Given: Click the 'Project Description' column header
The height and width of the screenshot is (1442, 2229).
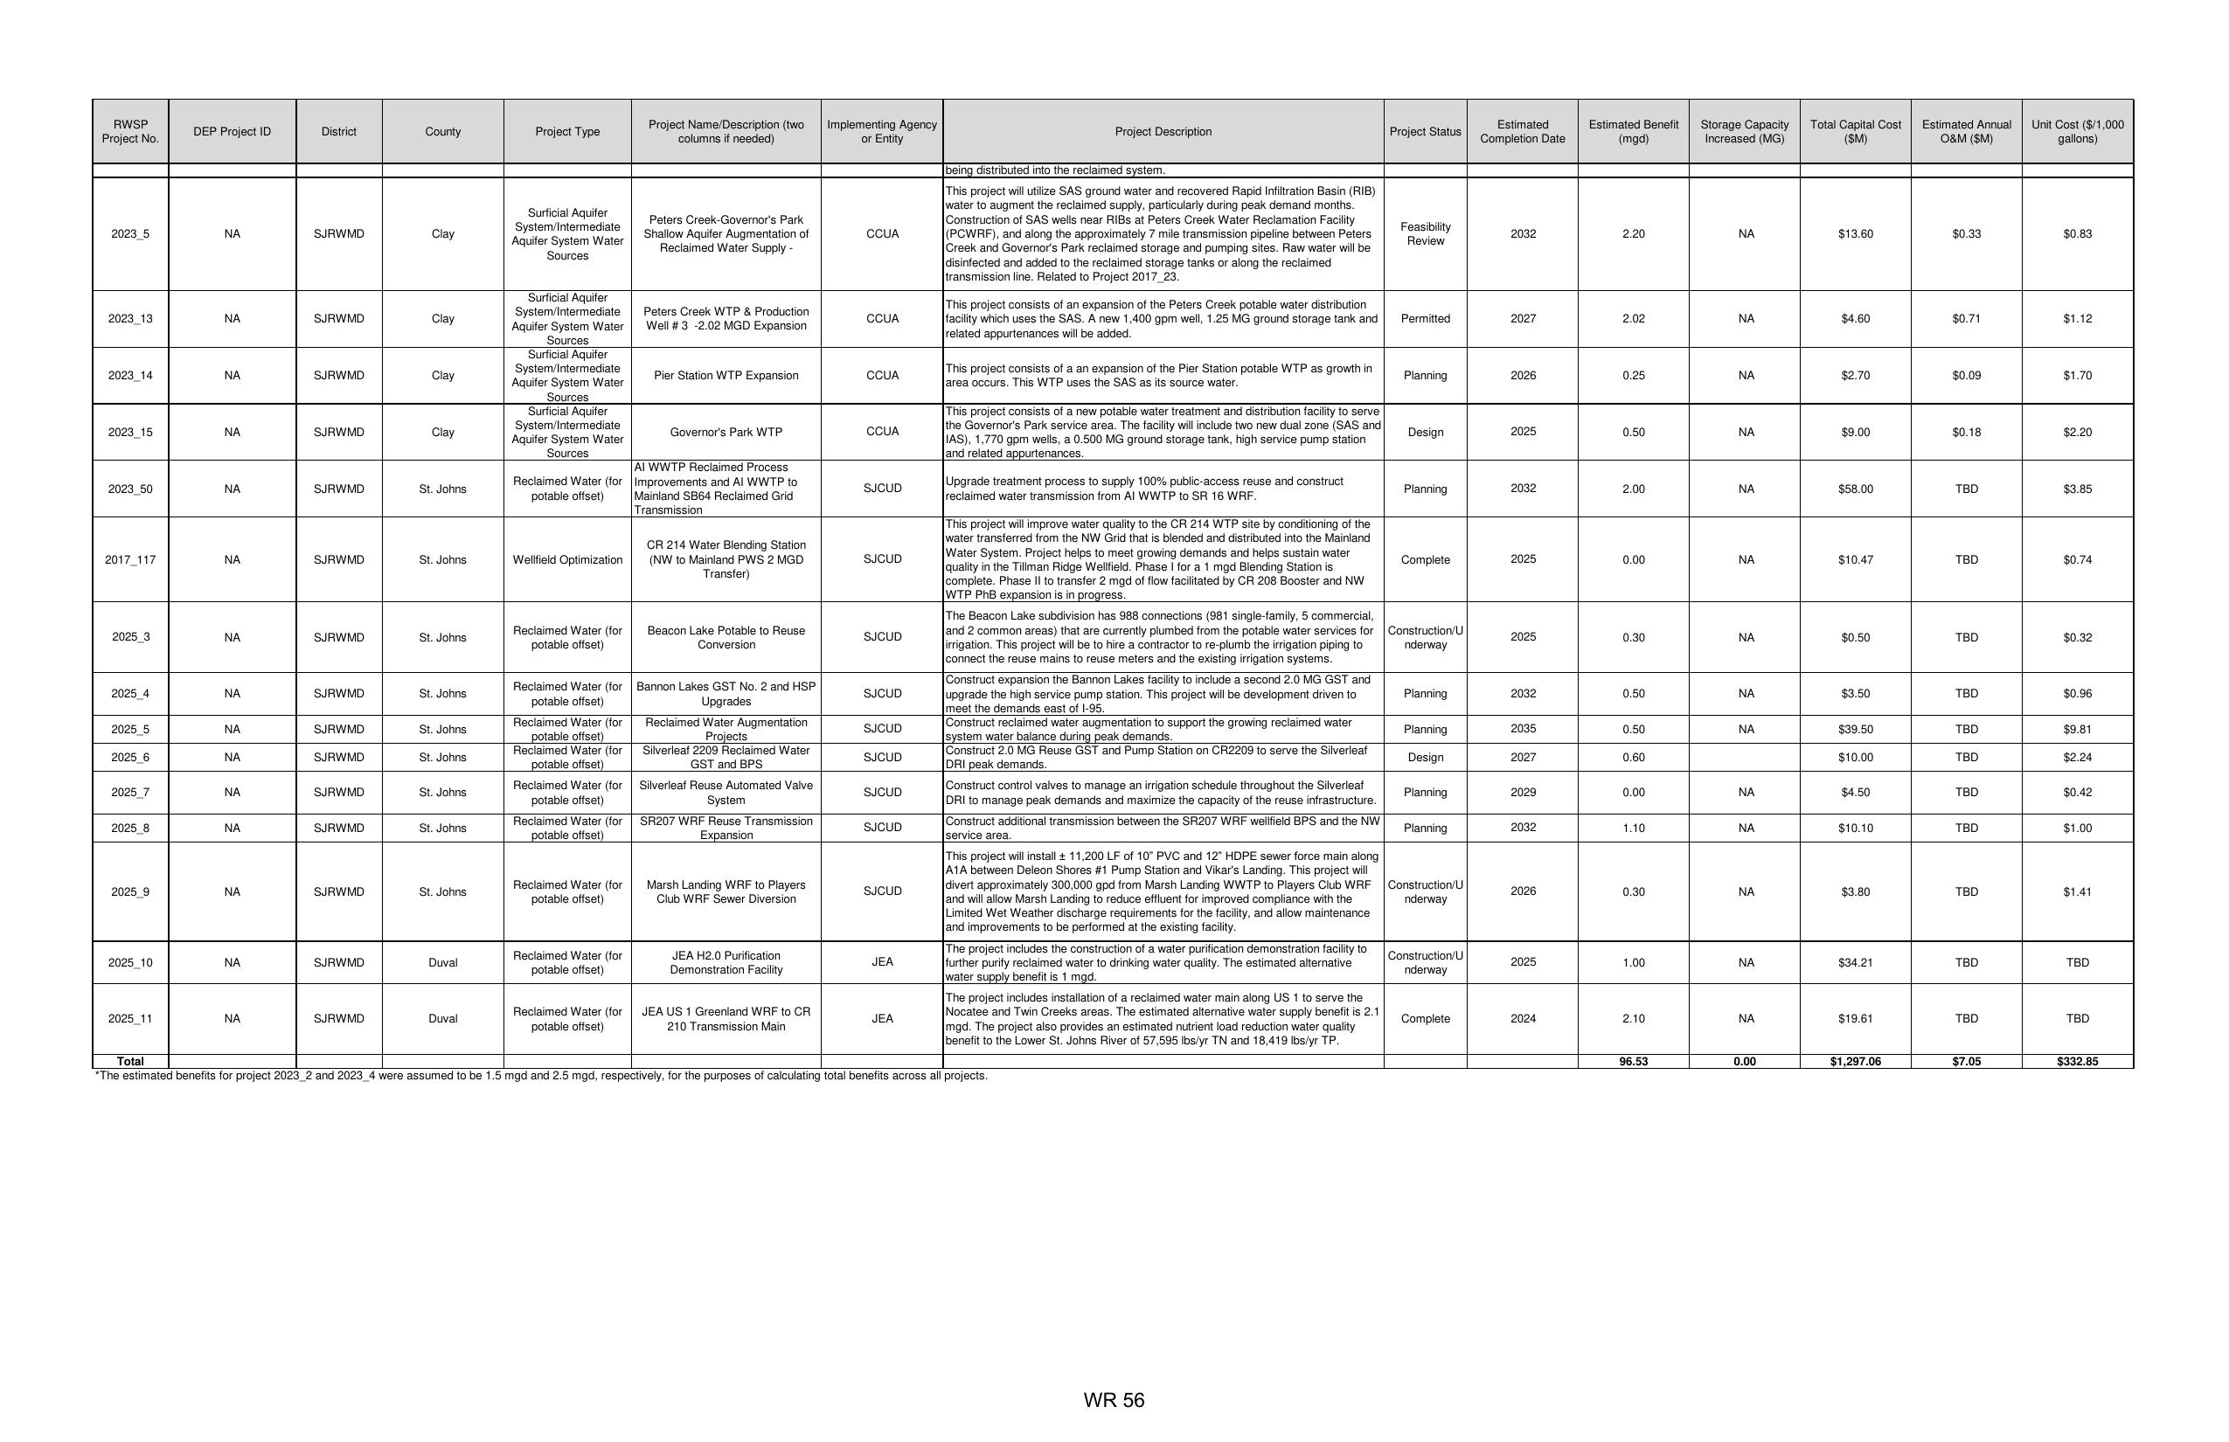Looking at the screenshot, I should [x=1163, y=132].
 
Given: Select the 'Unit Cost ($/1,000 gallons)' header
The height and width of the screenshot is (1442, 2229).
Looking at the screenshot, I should [x=2076, y=132].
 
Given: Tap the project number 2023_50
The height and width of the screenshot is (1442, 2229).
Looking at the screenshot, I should [x=130, y=489].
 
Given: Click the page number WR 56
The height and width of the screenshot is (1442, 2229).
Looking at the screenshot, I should [x=1114, y=1400].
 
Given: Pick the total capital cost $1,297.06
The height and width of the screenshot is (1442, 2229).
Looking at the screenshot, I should [x=1854, y=1062].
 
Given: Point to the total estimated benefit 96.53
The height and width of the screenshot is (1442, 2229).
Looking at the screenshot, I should [x=1633, y=1062].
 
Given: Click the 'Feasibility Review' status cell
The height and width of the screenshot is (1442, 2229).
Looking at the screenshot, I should [x=1425, y=234].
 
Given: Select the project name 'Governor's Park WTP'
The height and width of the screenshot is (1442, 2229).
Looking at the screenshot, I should [x=726, y=433].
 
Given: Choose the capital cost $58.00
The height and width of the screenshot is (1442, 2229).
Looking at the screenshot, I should [x=1854, y=489].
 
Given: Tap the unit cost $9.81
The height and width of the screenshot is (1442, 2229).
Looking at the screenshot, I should [x=2076, y=730].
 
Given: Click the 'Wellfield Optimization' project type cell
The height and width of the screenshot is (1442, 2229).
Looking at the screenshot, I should [x=566, y=560].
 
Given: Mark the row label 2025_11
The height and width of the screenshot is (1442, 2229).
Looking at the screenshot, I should [x=130, y=1019].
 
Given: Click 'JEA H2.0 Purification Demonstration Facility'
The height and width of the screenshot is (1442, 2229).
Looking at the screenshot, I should [x=726, y=962].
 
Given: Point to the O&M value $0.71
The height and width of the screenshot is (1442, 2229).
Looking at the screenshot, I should [x=1966, y=318].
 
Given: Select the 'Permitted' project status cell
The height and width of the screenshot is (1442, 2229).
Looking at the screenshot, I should [x=1425, y=318].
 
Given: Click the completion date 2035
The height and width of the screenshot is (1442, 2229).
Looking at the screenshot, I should [x=1522, y=730].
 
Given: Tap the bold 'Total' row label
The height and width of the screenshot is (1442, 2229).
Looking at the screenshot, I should [x=130, y=1062].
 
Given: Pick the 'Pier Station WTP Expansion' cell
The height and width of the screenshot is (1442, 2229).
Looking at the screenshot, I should [x=726, y=376].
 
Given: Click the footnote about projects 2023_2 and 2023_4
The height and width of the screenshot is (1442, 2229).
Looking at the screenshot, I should [x=541, y=1076].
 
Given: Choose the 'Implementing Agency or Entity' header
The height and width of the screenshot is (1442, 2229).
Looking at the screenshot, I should [x=881, y=132].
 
